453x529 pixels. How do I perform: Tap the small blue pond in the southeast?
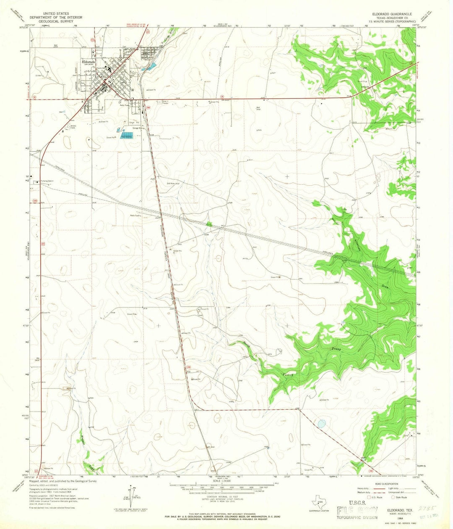[x=321, y=424]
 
